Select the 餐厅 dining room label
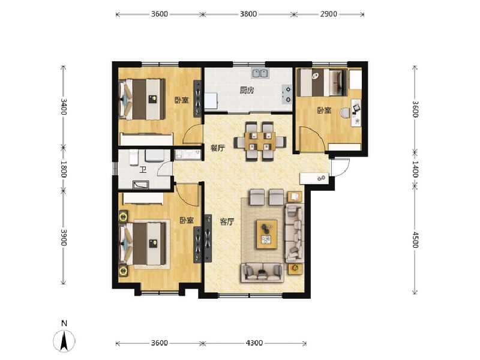[217, 148]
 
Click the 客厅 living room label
[226, 222]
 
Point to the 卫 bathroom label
[143, 170]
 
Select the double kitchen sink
[260, 74]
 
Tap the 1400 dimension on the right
[414, 170]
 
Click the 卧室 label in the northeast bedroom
[325, 110]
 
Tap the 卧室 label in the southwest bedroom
[187, 221]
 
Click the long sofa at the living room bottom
[263, 272]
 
